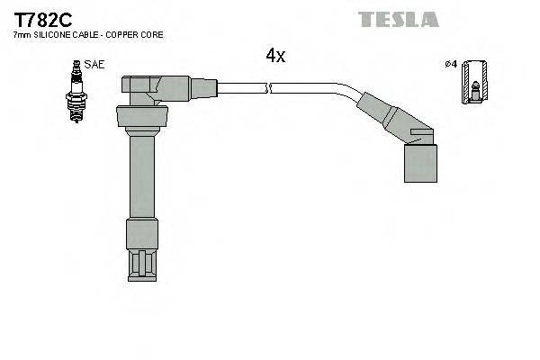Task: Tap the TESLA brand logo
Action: (x=398, y=19)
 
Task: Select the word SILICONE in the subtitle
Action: (x=52, y=35)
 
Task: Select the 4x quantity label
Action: (x=274, y=56)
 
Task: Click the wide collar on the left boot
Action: (x=141, y=117)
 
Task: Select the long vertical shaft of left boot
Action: (x=141, y=175)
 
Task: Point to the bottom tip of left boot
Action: (x=141, y=263)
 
